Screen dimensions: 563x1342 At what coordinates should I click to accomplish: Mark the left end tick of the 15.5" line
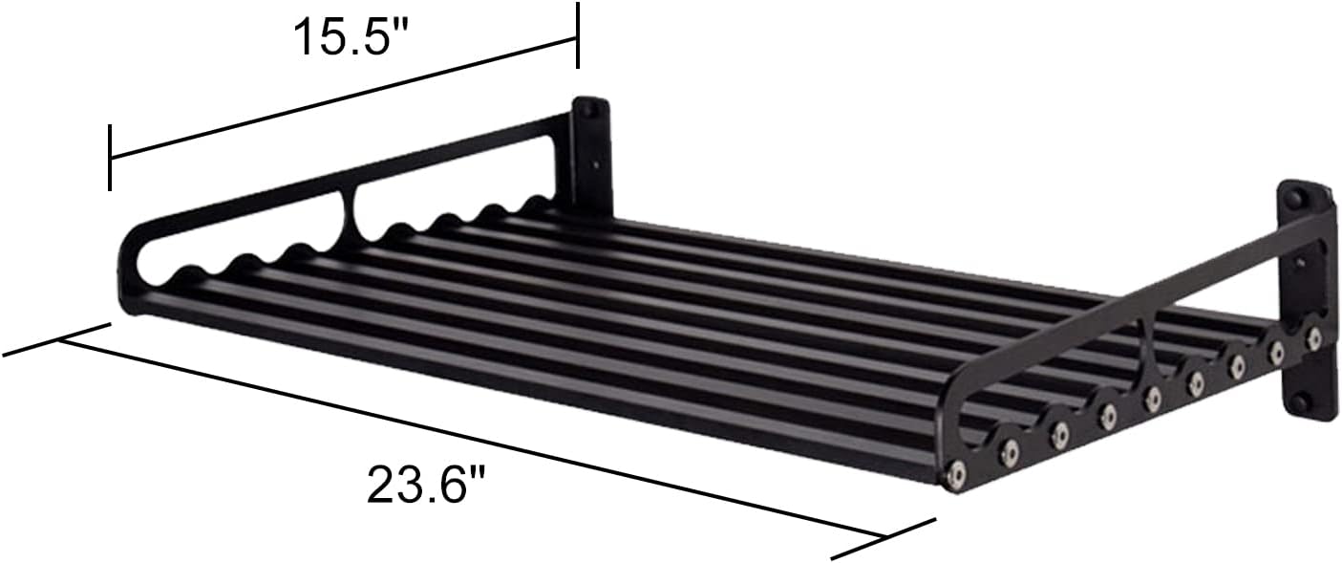coord(112,157)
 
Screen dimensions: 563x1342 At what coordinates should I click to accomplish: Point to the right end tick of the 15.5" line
coord(577,34)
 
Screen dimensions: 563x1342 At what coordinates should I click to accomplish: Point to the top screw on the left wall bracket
coord(590,111)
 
